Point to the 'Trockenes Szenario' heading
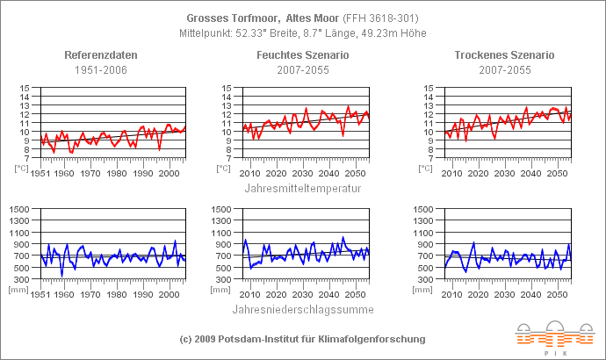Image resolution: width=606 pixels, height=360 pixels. pyautogui.click(x=504, y=55)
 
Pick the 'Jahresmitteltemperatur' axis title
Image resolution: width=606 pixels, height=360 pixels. pyautogui.click(x=303, y=187)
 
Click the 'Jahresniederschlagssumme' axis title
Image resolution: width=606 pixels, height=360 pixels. pyautogui.click(x=303, y=309)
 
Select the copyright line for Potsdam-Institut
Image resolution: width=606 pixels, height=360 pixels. pyautogui.click(x=302, y=339)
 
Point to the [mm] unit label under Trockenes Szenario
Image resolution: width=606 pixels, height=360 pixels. pyautogui.click(x=427, y=288)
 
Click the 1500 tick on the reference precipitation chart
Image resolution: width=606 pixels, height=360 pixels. pyautogui.click(x=20, y=209)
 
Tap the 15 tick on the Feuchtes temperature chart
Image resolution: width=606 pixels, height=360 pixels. pyautogui.click(x=227, y=88)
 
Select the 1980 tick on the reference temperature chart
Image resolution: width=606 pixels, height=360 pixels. pyautogui.click(x=117, y=173)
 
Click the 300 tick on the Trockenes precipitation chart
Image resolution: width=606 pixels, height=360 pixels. pyautogui.click(x=425, y=279)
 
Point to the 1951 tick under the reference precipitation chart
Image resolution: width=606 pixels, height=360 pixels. pyautogui.click(x=39, y=293)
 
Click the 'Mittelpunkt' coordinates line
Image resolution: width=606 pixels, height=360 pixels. pyautogui.click(x=302, y=32)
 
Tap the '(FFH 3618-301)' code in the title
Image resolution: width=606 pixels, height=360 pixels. pyautogui.click(x=375, y=18)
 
